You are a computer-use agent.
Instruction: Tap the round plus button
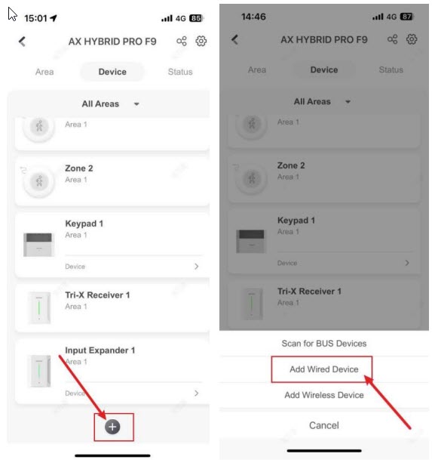tap(112, 427)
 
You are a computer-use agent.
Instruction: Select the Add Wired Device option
tap(324, 369)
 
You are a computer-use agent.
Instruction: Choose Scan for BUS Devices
tap(324, 343)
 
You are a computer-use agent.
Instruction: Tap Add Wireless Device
tap(324, 395)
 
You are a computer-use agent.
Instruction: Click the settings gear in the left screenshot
tap(201, 41)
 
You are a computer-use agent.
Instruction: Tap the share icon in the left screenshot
tap(182, 41)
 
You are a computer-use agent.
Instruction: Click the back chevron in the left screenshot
tap(23, 42)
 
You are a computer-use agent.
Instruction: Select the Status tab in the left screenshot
tap(180, 72)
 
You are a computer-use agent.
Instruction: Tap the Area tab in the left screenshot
tap(44, 72)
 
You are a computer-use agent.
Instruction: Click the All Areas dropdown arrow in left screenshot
tap(136, 103)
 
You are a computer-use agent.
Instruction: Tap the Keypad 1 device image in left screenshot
tap(39, 245)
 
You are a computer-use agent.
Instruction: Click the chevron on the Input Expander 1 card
tap(197, 393)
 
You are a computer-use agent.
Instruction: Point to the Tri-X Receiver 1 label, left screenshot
tap(97, 295)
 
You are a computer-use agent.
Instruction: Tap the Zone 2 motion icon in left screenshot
tap(39, 181)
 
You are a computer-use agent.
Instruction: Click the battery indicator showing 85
tap(196, 18)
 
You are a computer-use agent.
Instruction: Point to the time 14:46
tap(253, 17)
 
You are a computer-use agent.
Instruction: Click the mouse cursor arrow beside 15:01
tap(12, 14)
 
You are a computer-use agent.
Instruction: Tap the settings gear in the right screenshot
tap(412, 39)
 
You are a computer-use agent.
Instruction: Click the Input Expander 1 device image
tap(39, 371)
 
